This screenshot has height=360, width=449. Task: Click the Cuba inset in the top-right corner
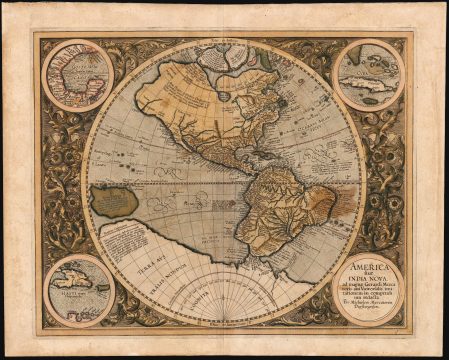[x=369, y=74]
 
